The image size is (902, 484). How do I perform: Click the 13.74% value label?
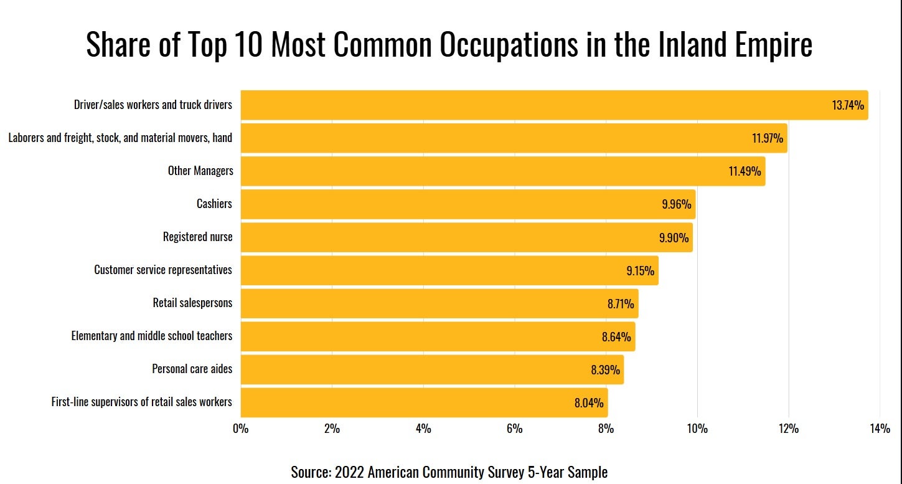tap(848, 105)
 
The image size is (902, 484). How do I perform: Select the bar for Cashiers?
tap(467, 204)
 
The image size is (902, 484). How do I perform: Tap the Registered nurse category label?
tap(197, 237)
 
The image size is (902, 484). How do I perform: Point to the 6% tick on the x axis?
tap(514, 429)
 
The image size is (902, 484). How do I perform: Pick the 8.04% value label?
tap(589, 403)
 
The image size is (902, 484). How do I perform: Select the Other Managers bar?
tap(502, 171)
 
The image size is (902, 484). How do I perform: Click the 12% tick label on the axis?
tap(788, 429)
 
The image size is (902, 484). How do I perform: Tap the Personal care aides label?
tap(192, 369)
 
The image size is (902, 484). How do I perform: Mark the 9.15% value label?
tap(640, 271)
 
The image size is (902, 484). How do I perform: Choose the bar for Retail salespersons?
tap(439, 303)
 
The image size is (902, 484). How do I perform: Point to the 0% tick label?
tap(240, 429)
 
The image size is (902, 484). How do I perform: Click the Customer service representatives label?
tap(163, 270)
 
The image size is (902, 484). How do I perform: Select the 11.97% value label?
tap(768, 138)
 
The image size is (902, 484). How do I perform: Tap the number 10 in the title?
tap(247, 45)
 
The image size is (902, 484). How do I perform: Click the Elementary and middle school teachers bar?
tap(437, 336)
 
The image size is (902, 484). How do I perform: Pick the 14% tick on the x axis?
tap(880, 429)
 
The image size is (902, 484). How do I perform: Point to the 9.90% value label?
tap(674, 238)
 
